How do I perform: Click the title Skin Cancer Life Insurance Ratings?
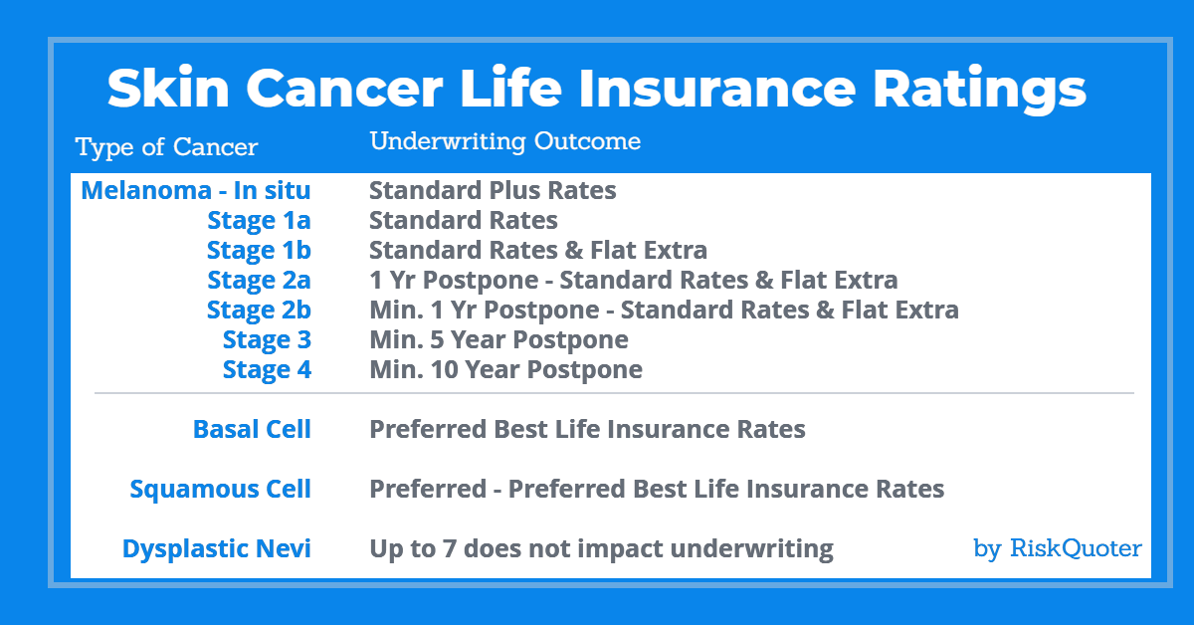point(596,89)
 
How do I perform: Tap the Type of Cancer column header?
point(167,146)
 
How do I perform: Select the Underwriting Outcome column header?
point(505,141)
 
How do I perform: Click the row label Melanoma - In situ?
point(196,190)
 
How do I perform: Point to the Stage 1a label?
point(259,220)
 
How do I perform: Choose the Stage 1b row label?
point(259,250)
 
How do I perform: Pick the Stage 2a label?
point(259,280)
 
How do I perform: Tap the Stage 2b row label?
point(259,310)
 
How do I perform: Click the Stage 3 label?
point(267,339)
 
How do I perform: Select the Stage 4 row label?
point(267,369)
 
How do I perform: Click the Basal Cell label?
point(252,429)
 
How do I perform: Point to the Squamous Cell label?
point(220,489)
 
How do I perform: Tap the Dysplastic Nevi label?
point(217,548)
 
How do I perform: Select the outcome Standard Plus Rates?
point(493,190)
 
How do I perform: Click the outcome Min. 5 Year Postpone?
point(498,339)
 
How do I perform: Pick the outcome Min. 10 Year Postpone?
point(505,369)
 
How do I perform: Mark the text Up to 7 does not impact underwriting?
point(601,548)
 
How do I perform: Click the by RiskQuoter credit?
point(1058,548)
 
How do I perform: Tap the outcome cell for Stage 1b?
point(538,250)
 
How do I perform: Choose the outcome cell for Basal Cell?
point(587,429)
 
